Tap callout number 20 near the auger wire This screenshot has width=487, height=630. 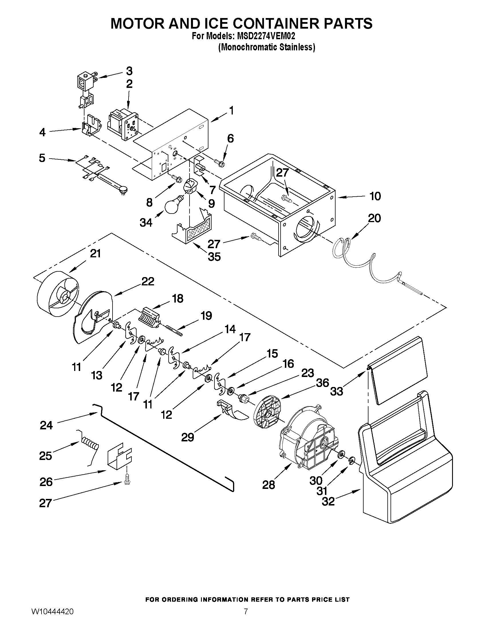374,218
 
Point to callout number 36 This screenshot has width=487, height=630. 322,383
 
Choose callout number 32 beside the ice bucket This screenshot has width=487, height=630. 328,502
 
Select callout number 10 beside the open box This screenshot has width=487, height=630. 375,196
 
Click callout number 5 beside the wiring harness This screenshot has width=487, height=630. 42,158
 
